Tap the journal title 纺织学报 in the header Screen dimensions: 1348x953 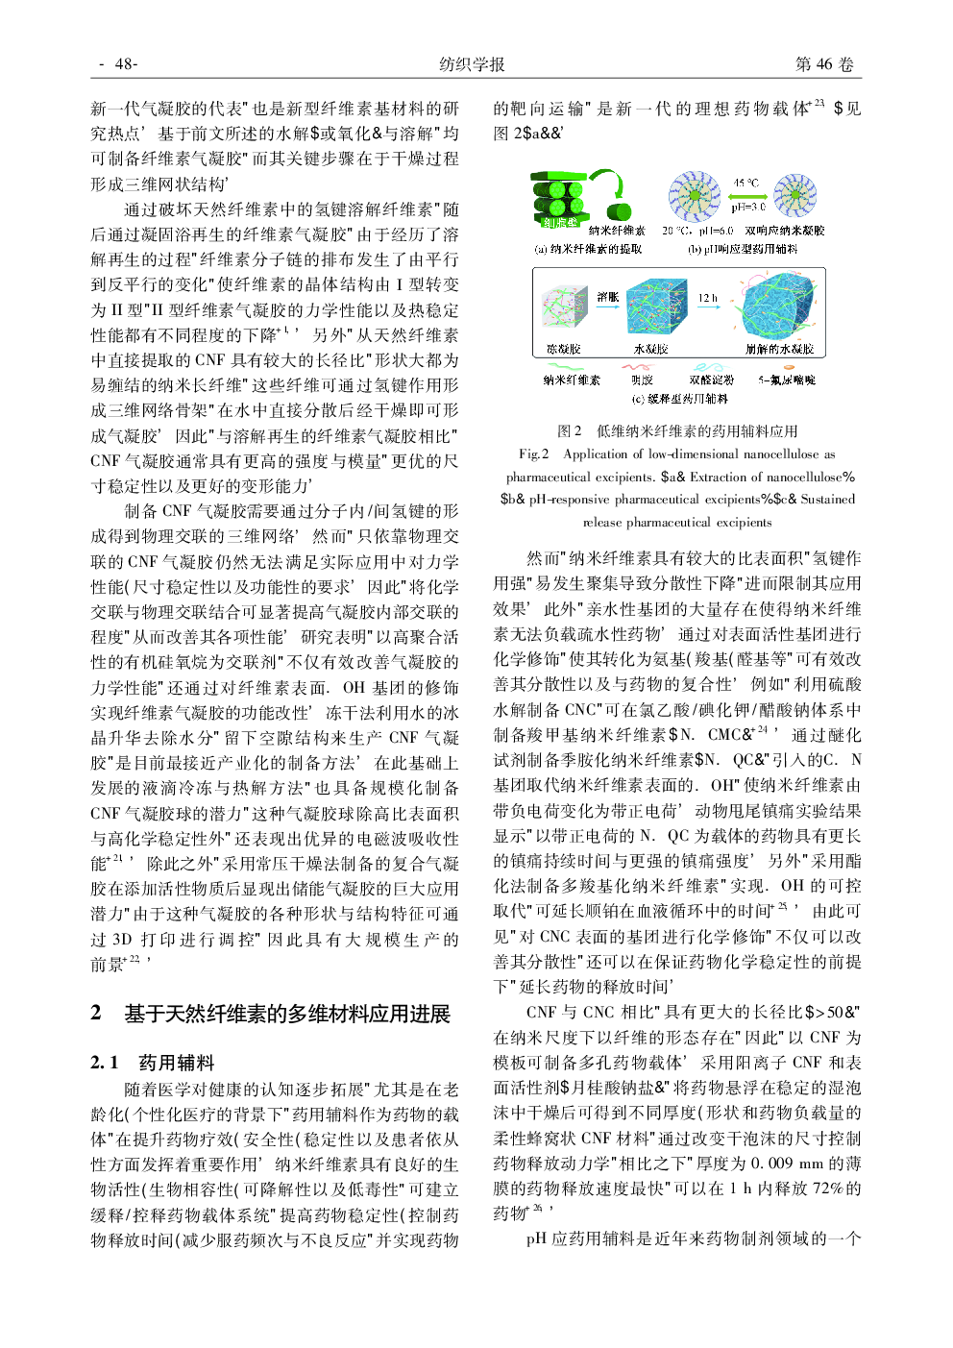tap(472, 64)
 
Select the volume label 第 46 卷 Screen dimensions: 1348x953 tap(823, 64)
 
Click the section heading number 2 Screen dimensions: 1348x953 tap(96, 1013)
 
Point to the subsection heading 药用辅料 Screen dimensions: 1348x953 tap(177, 1062)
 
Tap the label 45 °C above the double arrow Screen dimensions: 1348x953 tap(746, 183)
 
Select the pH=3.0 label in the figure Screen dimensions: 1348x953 tap(747, 207)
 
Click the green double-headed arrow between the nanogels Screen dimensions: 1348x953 tap(746, 195)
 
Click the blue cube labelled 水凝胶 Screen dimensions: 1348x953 tap(656, 307)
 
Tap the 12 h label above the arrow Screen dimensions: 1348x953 tap(708, 298)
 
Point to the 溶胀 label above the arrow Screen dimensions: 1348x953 tap(607, 297)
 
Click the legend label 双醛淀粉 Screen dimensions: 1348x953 tap(711, 380)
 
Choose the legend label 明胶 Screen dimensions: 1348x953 tap(642, 380)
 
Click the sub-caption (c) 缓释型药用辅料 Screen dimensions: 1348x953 tap(679, 399)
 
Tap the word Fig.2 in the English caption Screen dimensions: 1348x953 tap(534, 453)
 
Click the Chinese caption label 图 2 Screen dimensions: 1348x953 tap(570, 430)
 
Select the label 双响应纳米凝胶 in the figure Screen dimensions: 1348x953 tap(785, 231)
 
